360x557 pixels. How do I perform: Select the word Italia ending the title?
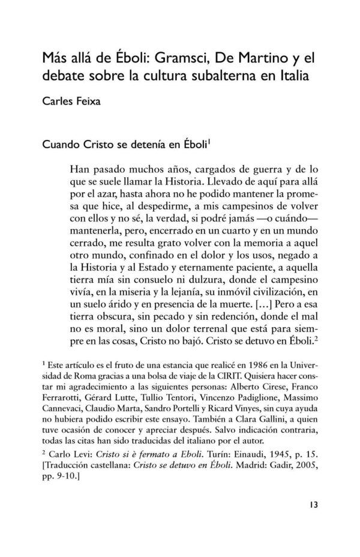[x=298, y=76]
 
